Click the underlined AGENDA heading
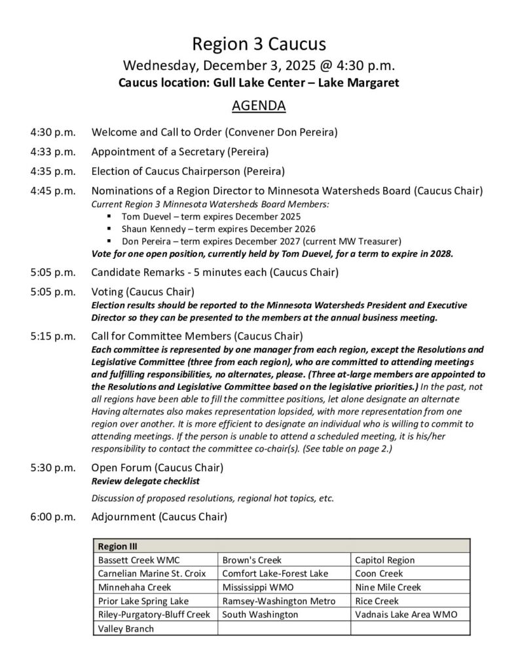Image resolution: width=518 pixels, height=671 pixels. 259,105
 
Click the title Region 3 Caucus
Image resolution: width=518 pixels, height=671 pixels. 259,45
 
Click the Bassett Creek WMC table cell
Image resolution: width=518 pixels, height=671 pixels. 138,560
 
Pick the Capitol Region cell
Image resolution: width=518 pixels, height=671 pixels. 384,560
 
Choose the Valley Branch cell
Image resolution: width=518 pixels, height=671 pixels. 126,628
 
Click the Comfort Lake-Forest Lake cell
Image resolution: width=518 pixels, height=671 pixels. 274,574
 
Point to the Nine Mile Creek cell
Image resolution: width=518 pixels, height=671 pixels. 388,587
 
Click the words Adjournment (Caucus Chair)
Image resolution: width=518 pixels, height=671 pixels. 159,517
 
